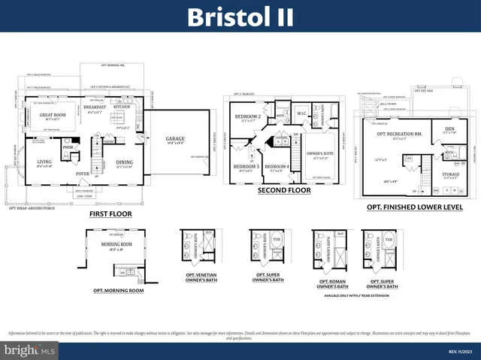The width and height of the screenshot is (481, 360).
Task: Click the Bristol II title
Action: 240,16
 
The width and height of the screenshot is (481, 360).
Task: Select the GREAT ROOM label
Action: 54,114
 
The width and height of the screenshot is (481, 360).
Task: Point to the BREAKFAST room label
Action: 95,107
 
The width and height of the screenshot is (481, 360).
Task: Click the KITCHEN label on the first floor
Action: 123,107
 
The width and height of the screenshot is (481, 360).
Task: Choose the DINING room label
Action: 125,162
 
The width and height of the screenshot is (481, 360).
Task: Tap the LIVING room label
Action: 44,161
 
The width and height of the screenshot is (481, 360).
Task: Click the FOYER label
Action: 83,174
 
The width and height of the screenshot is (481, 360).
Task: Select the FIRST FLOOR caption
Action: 110,213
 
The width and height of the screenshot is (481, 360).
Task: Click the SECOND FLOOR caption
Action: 283,191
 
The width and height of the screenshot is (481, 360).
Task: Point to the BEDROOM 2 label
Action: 247,116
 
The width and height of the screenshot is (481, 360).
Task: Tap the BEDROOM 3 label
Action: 244,166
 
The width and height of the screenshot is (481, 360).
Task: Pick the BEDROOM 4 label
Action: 277,166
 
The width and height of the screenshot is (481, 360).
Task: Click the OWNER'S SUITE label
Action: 320,153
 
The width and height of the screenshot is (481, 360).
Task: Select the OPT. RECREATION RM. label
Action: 401,133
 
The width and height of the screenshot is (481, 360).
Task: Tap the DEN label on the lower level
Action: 449,128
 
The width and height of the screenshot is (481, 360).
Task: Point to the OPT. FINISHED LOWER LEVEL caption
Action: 414,207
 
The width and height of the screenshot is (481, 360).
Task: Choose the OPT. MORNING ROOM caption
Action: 119,289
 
